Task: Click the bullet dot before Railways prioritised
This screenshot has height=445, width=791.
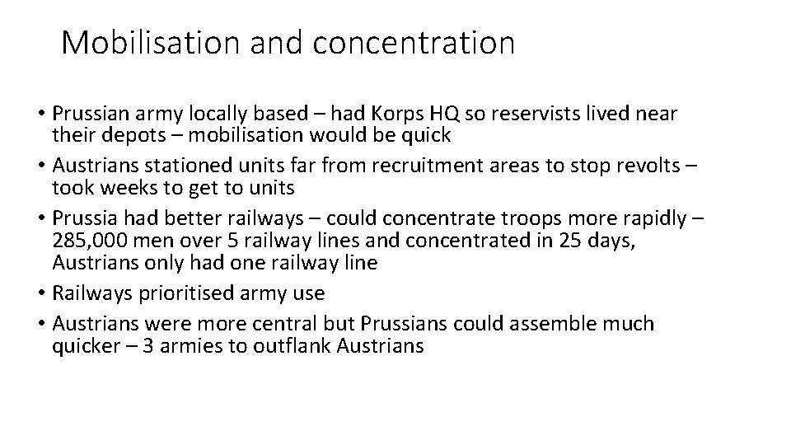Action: (43, 294)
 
